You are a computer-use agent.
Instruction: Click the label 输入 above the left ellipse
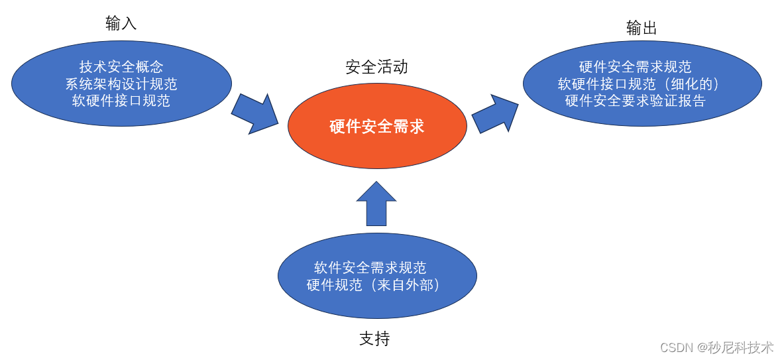click(x=121, y=23)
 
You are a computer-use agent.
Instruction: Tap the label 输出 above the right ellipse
click(x=642, y=28)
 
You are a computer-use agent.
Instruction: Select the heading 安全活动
click(x=376, y=67)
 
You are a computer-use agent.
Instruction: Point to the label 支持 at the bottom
click(x=374, y=339)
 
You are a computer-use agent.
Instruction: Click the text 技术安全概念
click(x=121, y=67)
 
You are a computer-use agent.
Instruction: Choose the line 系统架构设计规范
click(x=121, y=84)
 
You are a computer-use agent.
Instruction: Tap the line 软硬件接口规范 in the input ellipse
click(x=121, y=101)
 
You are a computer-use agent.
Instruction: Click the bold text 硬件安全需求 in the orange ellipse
click(x=377, y=127)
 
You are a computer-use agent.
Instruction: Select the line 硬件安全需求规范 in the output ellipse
click(x=635, y=67)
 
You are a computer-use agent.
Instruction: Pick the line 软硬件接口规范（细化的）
click(x=639, y=84)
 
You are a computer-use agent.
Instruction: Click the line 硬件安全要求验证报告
click(x=635, y=101)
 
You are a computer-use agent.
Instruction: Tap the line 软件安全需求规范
click(x=370, y=268)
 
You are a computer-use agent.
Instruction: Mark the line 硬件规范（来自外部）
click(x=374, y=285)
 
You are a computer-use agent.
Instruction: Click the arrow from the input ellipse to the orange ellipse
click(x=255, y=113)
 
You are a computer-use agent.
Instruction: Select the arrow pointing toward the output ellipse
click(x=494, y=114)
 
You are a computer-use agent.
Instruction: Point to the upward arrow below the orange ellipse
click(x=376, y=204)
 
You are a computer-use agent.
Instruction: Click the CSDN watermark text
click(x=675, y=347)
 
